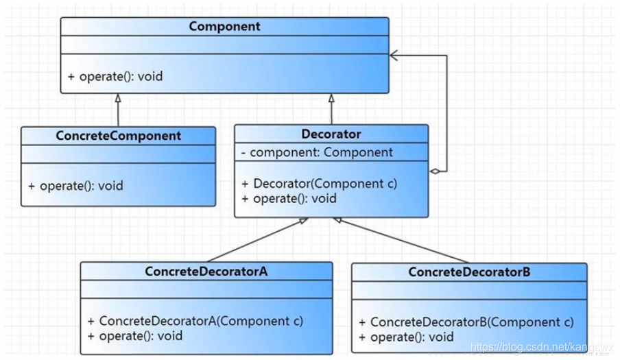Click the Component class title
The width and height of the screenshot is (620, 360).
coord(224,27)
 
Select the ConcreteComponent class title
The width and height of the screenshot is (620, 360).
coord(118,136)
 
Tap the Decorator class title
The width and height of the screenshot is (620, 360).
coord(331,134)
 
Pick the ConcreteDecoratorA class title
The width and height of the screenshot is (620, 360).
coord(206,272)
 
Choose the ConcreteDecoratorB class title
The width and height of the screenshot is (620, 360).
coord(469,272)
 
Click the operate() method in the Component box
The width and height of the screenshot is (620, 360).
coord(115,76)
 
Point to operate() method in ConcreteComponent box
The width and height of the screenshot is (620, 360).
coord(75,186)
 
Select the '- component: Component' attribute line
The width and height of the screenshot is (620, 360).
coord(317,152)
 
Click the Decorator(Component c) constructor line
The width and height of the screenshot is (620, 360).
coord(320,184)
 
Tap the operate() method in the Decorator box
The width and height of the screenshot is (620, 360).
coord(289,198)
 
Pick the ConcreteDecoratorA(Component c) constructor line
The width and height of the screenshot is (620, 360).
coord(195,321)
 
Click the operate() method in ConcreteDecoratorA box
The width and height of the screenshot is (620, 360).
coord(135,336)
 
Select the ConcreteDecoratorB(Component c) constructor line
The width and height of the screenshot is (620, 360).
coord(466,322)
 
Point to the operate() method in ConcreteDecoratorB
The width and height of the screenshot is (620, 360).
coord(406,337)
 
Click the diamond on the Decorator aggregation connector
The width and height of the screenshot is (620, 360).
coord(435,171)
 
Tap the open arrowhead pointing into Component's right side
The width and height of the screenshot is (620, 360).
coord(394,56)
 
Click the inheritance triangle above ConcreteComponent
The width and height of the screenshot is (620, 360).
coord(118,98)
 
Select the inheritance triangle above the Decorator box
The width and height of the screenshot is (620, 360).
coord(331,98)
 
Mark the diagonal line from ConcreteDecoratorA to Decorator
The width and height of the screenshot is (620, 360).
coord(258,239)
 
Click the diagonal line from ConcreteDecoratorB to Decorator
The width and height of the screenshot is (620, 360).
coord(401,240)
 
